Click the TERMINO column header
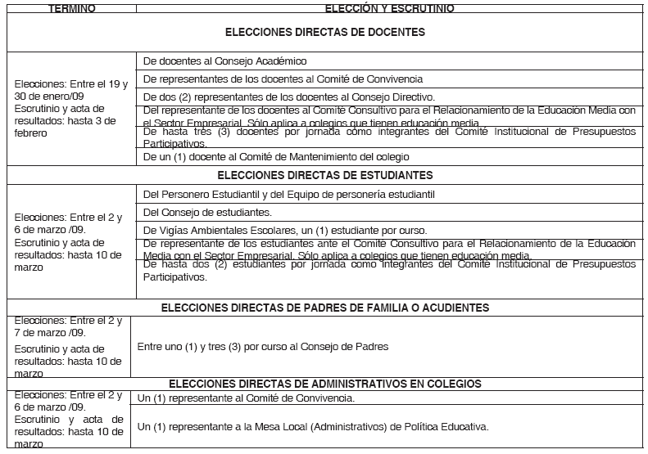click(71, 7)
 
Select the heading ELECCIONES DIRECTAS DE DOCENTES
click(325, 33)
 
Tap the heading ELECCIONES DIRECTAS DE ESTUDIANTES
click(325, 175)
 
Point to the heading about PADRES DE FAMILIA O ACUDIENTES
click(325, 308)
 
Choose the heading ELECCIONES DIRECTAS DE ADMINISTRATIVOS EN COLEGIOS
click(325, 383)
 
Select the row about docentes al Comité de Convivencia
click(283, 79)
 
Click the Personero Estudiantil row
click(288, 194)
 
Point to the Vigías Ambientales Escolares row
click(274, 230)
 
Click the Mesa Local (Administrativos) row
click(313, 426)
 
